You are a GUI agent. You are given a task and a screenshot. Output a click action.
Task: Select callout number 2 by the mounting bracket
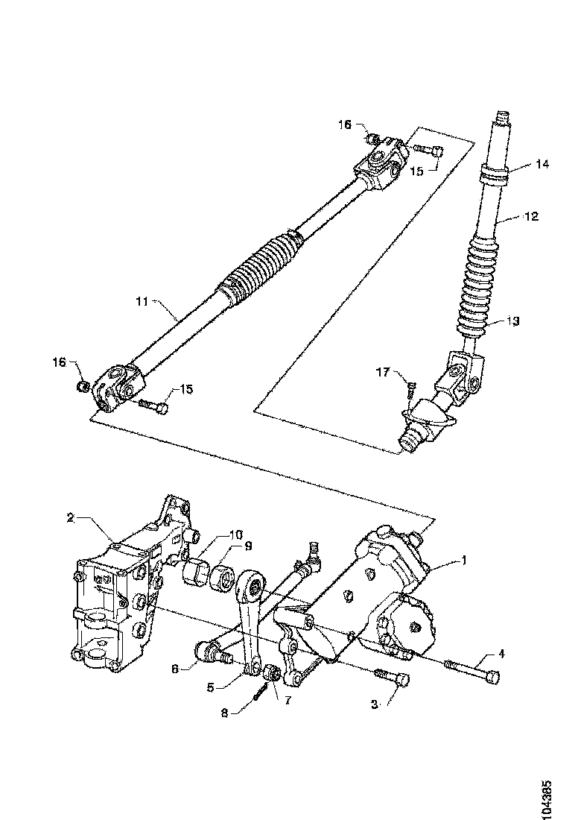71,517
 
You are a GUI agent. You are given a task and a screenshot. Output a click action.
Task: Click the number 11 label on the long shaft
142,302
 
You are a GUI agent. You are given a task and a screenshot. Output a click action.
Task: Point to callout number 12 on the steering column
531,217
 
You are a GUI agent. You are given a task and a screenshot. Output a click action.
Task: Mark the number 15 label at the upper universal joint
416,171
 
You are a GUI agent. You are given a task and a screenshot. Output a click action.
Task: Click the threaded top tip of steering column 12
503,118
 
